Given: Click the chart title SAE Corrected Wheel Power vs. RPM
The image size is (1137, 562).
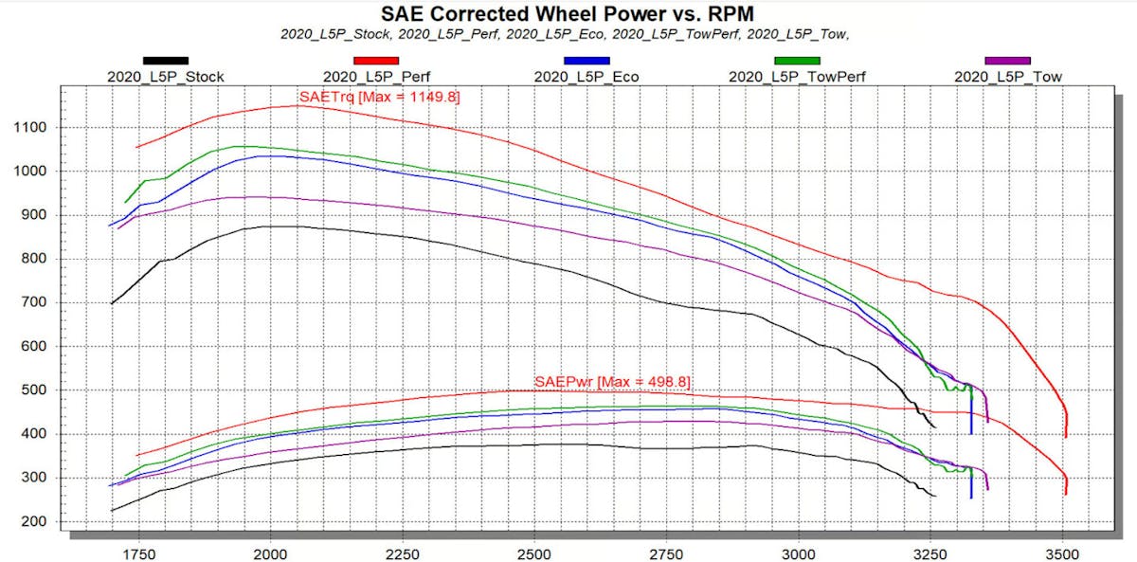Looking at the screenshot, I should (568, 13).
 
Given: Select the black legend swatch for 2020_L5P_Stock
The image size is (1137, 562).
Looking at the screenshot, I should (165, 62).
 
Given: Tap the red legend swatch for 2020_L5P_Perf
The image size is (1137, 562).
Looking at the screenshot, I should (375, 62).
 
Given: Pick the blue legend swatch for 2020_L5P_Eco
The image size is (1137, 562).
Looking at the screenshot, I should (587, 62).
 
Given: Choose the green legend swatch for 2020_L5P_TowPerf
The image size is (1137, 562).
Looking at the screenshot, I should (797, 62).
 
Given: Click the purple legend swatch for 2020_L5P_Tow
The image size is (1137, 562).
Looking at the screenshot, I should (1008, 62).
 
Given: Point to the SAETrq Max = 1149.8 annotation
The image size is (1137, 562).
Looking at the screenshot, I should (379, 97).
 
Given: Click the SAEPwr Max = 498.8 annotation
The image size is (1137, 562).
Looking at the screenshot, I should (612, 382).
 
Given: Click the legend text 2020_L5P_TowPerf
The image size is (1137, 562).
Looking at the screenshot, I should (797, 77).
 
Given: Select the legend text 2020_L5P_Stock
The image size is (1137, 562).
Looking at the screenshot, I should (166, 77).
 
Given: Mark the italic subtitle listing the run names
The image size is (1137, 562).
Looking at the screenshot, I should (568, 34).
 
